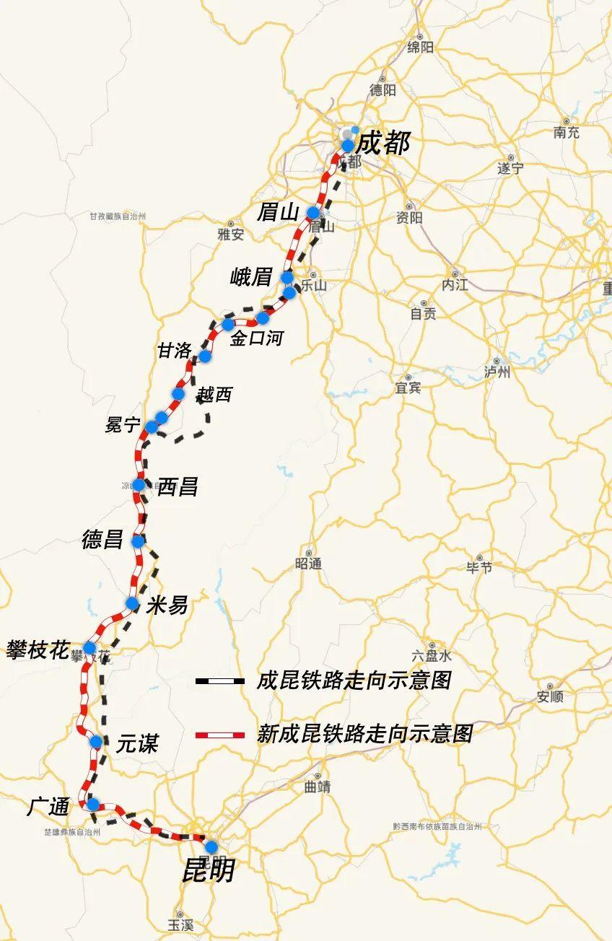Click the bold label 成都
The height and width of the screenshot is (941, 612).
[x=383, y=142]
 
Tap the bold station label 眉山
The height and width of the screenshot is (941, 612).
[x=278, y=212]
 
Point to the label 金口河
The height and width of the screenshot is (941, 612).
[x=256, y=338]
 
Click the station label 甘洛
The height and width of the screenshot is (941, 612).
[x=175, y=351]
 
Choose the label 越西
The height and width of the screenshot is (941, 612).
[x=215, y=394]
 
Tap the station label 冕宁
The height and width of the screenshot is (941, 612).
[x=123, y=424]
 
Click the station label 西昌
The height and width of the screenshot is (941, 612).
[x=178, y=487]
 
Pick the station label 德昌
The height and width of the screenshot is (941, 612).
[x=102, y=539]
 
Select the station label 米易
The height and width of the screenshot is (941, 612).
[x=167, y=605]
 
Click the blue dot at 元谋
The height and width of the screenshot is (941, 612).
[x=96, y=742]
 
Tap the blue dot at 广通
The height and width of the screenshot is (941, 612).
[x=92, y=804]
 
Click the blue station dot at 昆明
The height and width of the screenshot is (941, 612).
[x=211, y=846]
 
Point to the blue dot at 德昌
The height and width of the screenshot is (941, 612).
[x=138, y=540]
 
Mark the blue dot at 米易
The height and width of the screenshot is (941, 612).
[x=131, y=603]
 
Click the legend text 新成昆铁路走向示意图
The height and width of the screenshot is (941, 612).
[x=364, y=734]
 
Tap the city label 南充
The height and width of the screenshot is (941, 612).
[x=567, y=133]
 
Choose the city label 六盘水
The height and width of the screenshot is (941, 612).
[x=432, y=656]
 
